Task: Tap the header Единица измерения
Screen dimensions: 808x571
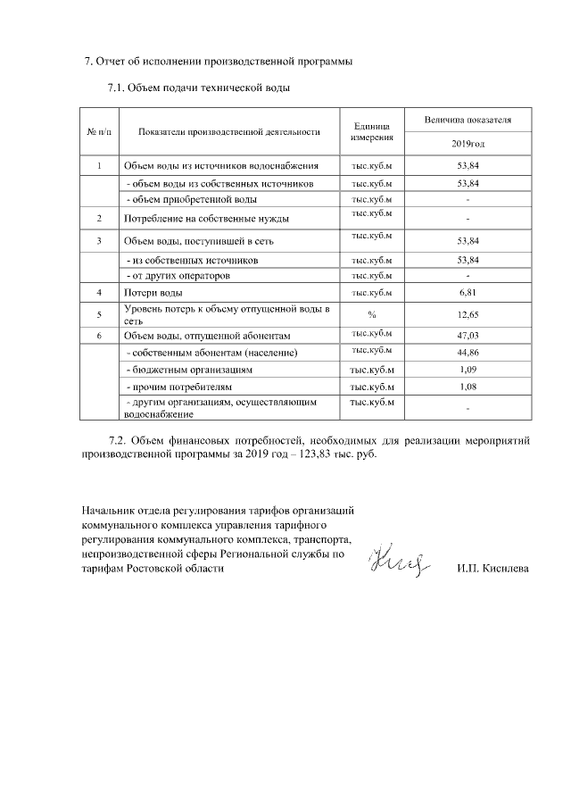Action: pos(371,132)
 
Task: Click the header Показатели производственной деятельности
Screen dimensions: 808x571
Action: pos(229,132)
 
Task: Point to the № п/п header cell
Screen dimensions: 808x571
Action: pos(99,132)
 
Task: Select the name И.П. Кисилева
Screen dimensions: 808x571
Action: pos(492,568)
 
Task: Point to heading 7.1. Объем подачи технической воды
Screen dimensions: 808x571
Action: pos(198,88)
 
